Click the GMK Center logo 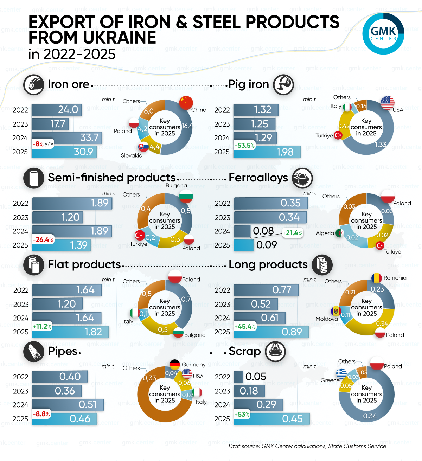click(383, 34)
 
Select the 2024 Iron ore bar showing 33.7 click(67, 137)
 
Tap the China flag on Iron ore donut click(186, 103)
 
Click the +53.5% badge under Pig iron click(244, 145)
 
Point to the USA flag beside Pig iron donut click(387, 103)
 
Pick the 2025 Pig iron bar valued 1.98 click(267, 152)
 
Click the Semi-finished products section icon click(34, 178)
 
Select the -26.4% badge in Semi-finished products click(43, 239)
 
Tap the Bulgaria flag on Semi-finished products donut click(186, 196)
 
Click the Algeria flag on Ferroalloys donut click(339, 233)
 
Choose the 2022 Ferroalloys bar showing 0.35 click(270, 203)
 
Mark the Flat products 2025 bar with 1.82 click(70, 332)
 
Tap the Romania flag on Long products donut click(376, 278)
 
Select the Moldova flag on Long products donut click(336, 311)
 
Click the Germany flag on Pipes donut click(175, 365)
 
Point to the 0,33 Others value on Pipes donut click(150, 378)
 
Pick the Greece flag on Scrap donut click(341, 373)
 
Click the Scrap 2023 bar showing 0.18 click(249, 391)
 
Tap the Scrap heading click(245, 351)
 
